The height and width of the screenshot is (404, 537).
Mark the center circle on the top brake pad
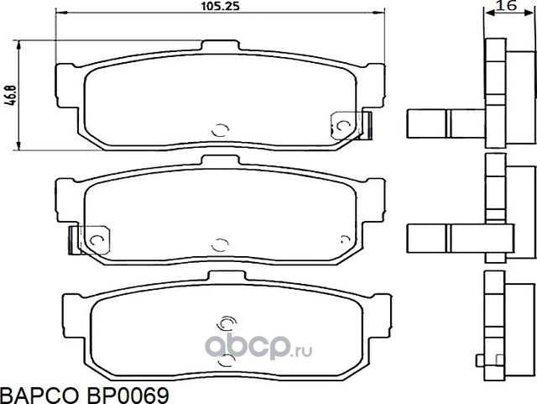click(219, 129)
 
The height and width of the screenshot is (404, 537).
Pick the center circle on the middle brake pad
click(220, 244)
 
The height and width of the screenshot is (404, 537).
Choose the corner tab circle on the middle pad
click(95, 239)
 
